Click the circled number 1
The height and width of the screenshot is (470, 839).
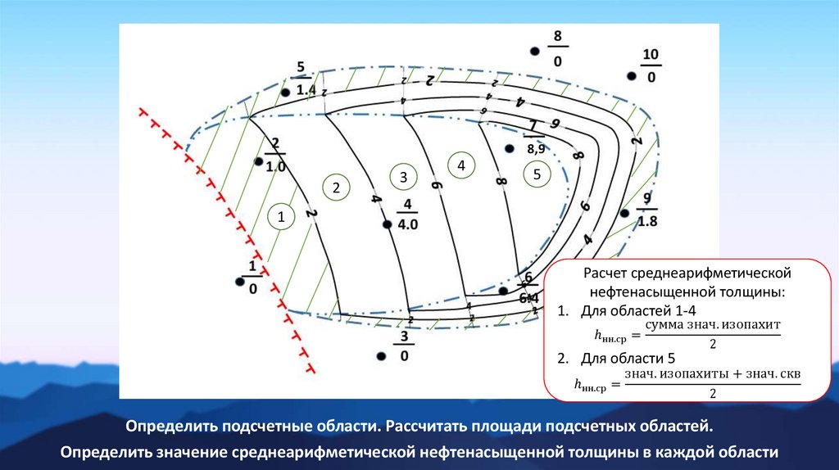[x=281, y=217]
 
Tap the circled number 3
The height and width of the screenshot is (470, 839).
[x=403, y=177]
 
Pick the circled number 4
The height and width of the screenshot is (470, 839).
[x=461, y=165]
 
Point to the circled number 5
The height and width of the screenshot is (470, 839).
[x=537, y=174]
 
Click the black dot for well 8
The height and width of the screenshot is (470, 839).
[x=534, y=51]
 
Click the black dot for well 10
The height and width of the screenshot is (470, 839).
[x=632, y=76]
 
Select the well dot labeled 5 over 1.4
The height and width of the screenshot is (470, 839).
[x=285, y=93]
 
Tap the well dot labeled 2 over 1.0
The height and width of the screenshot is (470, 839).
[x=259, y=161]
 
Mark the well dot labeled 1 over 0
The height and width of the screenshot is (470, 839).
[x=239, y=282]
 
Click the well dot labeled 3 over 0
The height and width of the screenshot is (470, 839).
[x=381, y=356]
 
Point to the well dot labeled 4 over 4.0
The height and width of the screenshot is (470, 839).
[x=386, y=224]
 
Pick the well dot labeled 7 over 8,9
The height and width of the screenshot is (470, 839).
[x=509, y=149]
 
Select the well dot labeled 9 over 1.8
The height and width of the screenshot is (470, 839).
[x=624, y=213]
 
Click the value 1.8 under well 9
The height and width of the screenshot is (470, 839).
[x=647, y=221]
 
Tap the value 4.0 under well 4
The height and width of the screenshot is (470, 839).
[x=408, y=224]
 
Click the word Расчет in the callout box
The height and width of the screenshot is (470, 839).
[x=604, y=273]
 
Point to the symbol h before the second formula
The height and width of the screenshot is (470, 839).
[x=578, y=381]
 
